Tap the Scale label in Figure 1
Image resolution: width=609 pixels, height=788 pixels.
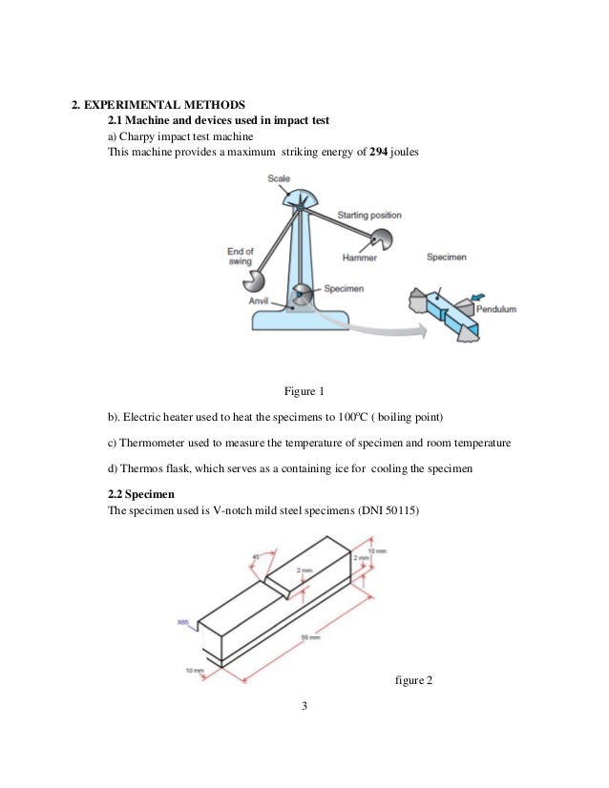coord(279,178)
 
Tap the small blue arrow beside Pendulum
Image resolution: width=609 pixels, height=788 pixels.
coord(475,298)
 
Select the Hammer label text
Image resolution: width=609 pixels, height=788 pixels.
coord(359,258)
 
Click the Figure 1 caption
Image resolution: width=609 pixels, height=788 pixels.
coord(304,392)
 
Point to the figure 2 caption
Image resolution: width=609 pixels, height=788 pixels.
coord(413,680)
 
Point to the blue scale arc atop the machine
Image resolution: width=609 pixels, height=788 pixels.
coord(298,199)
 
